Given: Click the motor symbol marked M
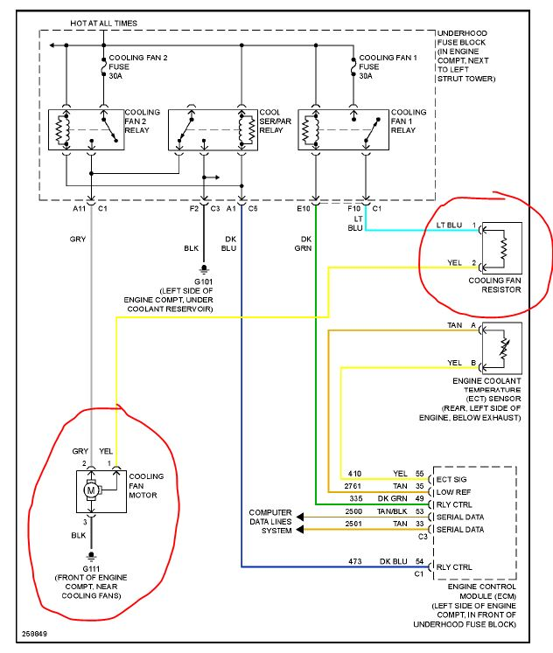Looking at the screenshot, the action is [x=91, y=490].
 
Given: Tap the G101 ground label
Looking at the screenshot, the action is [x=203, y=281].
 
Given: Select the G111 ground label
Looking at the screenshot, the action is [x=91, y=569].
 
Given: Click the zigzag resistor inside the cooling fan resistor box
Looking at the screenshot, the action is [x=504, y=247].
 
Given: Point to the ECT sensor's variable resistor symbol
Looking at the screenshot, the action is [x=504, y=349].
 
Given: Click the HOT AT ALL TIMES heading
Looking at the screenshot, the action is [x=104, y=24].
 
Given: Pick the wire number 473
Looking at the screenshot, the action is [x=354, y=561].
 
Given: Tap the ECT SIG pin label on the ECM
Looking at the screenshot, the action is [x=451, y=479].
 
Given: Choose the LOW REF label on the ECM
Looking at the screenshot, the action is [x=453, y=492].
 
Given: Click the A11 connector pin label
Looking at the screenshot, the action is [x=79, y=208].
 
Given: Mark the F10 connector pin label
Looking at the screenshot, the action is [x=353, y=208].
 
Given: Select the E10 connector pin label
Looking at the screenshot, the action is [x=304, y=208].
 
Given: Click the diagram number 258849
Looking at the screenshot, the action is [x=35, y=634].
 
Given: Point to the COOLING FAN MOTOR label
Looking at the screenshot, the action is [x=146, y=485].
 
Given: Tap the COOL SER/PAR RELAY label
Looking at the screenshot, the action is [x=275, y=122].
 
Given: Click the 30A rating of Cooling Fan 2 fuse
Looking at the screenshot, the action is [x=115, y=76].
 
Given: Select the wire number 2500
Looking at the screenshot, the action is [x=353, y=511].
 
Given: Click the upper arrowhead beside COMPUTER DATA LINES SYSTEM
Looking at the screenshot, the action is [x=299, y=518].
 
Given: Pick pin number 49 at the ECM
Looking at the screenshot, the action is [x=419, y=498].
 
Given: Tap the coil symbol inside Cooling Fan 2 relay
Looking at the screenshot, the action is [x=62, y=130].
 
